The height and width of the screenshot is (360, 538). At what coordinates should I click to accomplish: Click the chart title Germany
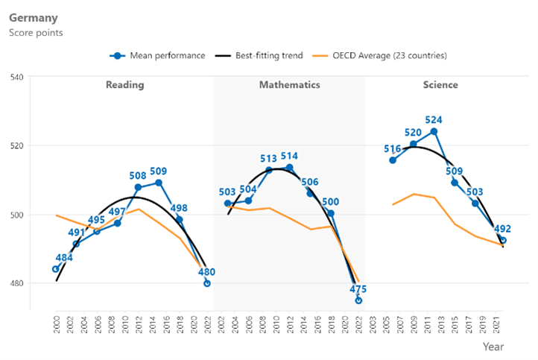tap(33, 17)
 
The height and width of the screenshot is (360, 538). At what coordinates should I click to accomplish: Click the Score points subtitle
tap(35, 33)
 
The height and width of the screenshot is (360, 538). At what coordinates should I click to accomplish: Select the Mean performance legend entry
tap(157, 55)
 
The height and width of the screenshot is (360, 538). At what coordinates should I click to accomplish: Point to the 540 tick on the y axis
tap(16, 77)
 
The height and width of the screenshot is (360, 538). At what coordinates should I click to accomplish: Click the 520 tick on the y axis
tap(16, 145)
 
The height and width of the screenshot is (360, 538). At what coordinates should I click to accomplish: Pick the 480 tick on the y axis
tap(16, 284)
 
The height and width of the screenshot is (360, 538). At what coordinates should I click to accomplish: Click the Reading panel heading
tap(124, 85)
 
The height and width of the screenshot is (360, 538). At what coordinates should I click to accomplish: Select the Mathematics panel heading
tap(289, 85)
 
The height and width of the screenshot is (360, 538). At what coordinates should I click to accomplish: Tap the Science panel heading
tap(440, 85)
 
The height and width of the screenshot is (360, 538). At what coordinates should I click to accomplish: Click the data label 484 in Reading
tap(64, 258)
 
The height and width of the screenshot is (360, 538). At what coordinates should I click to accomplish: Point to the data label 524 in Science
tap(434, 119)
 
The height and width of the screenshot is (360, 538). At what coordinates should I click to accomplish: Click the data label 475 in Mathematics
tap(358, 289)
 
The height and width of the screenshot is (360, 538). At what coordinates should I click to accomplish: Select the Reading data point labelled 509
tap(159, 183)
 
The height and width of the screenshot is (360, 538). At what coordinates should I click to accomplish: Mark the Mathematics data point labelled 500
tap(331, 213)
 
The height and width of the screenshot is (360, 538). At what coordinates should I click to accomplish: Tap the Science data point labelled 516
tap(393, 160)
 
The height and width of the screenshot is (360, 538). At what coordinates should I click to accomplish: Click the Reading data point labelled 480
tap(206, 283)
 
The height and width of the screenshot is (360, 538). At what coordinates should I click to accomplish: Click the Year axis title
tap(493, 347)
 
